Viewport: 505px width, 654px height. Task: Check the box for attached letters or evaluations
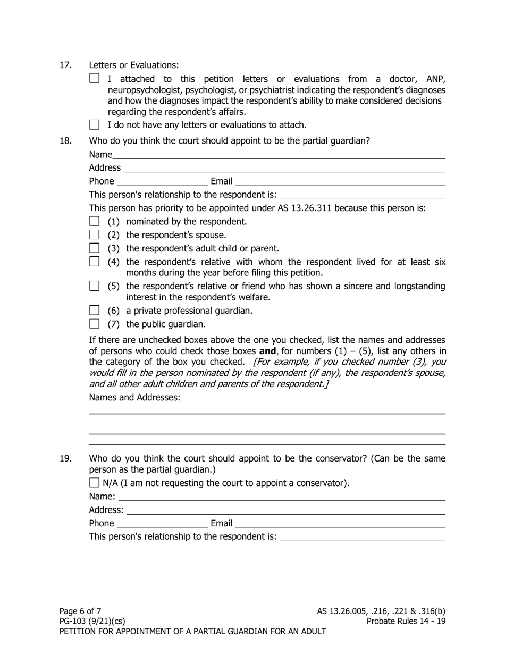click(x=94, y=78)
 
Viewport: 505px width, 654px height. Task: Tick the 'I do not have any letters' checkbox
click(x=94, y=125)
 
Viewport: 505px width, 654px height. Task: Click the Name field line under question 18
click(x=279, y=155)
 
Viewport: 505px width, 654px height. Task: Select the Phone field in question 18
click(x=162, y=181)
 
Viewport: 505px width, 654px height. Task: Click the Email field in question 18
click(x=341, y=181)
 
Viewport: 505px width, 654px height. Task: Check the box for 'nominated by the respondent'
click(x=94, y=221)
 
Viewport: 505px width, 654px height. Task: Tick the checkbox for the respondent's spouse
click(x=94, y=234)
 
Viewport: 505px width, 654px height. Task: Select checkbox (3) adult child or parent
click(x=94, y=248)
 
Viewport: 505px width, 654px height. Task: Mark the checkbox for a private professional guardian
click(x=94, y=310)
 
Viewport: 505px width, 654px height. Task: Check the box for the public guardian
click(x=94, y=324)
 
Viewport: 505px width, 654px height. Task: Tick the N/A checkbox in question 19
click(x=94, y=483)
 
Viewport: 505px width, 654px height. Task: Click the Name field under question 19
click(x=282, y=497)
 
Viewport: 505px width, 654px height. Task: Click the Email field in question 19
click(x=341, y=524)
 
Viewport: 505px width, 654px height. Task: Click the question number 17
click(x=65, y=65)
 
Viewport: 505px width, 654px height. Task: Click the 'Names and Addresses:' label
click(x=134, y=397)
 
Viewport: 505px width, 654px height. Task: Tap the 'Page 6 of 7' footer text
click(x=80, y=611)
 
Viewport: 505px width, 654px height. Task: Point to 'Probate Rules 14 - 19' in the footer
click(x=406, y=621)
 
